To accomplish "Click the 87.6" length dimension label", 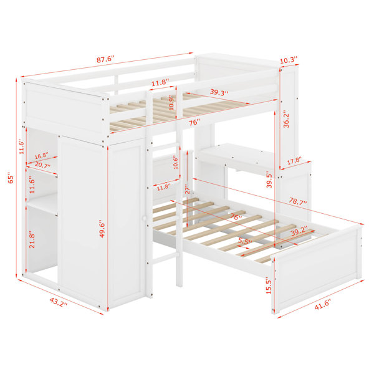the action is click(x=105, y=59).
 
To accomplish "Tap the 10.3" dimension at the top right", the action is click(x=289, y=60).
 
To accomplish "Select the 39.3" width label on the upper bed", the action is click(x=219, y=92).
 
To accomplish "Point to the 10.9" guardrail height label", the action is click(x=171, y=103).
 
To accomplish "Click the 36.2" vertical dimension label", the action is click(x=286, y=119).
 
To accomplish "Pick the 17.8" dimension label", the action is click(x=294, y=161).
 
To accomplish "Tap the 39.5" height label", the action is click(x=269, y=179).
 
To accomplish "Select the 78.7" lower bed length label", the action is click(x=298, y=201).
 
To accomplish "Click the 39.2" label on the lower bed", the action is click(x=299, y=231).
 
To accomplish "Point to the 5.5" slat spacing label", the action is click(x=245, y=241).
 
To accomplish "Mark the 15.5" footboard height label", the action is click(x=269, y=285).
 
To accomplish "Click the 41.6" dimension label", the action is click(x=322, y=305).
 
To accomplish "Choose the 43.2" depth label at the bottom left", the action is click(x=59, y=302).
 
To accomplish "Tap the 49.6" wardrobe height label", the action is click(x=102, y=229).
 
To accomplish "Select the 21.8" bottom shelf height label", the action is click(x=32, y=239).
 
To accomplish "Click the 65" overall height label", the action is click(x=11, y=178).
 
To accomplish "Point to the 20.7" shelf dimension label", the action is click(x=42, y=165).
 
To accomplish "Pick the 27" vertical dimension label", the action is click(x=188, y=189).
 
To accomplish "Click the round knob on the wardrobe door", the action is click(x=144, y=218).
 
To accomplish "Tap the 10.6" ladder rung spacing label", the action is click(x=176, y=162).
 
